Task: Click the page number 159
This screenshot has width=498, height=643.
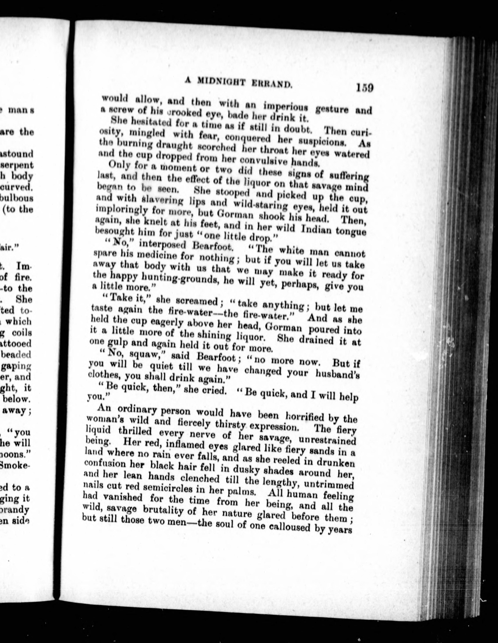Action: coord(364,88)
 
